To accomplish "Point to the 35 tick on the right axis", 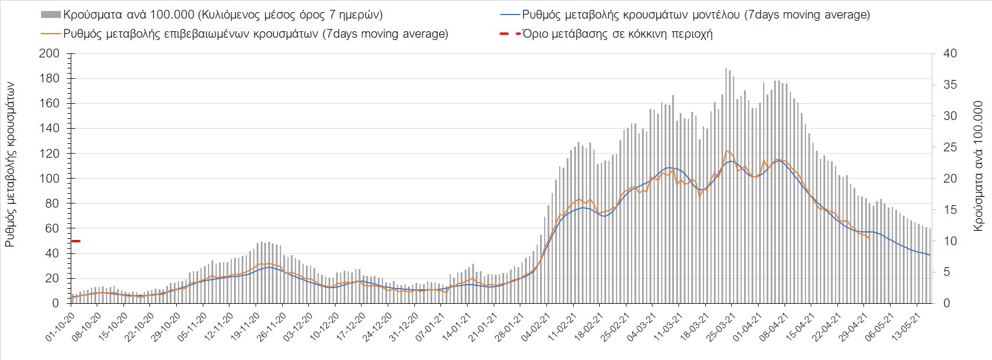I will point(948,85).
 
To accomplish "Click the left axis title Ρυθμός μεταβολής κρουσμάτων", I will point(11,165).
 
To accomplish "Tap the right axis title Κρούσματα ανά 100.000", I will point(979,166).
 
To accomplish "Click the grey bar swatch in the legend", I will point(51,14).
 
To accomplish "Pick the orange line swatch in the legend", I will point(51,34).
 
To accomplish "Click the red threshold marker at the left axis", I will point(75,241).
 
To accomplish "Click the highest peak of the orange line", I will point(727,151).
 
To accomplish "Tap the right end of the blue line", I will point(930,255).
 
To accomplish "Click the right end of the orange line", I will point(870,238).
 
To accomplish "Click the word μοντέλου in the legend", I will point(716,14).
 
